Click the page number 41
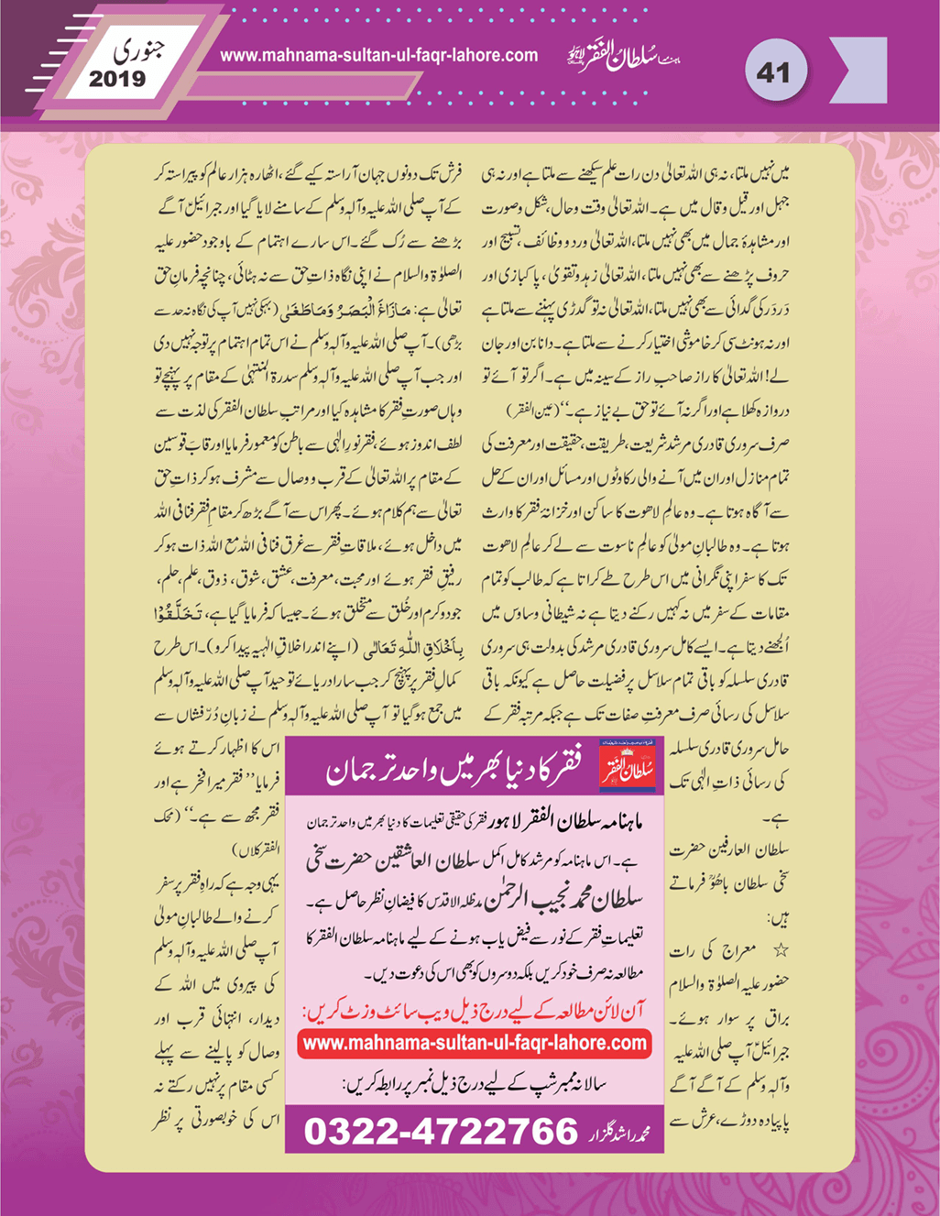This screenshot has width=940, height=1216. [773, 71]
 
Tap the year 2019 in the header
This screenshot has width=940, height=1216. [117, 80]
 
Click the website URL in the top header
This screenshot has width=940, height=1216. [379, 55]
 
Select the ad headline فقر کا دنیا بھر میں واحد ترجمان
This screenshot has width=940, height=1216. [454, 772]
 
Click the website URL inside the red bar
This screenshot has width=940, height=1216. [475, 1043]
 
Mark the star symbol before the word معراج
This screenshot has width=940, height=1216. [781, 951]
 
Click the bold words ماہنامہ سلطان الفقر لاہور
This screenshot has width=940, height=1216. [559, 815]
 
